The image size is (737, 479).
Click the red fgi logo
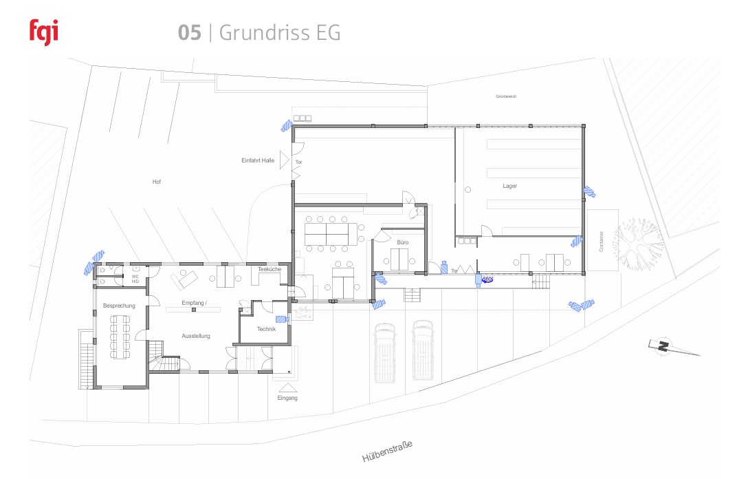pyautogui.click(x=44, y=32)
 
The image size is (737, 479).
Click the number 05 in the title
pyautogui.click(x=189, y=33)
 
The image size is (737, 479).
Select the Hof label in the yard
pyautogui.click(x=156, y=182)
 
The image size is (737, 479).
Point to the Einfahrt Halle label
pyautogui.click(x=258, y=160)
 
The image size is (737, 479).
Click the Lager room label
pyautogui.click(x=509, y=186)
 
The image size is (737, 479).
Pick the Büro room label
pyautogui.click(x=402, y=242)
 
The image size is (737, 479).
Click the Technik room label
pyautogui.click(x=266, y=329)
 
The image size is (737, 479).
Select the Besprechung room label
pyautogui.click(x=119, y=305)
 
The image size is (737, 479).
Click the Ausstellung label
pyautogui.click(x=196, y=336)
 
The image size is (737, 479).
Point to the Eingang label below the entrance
pyautogui.click(x=287, y=398)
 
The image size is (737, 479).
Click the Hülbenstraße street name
pyautogui.click(x=387, y=451)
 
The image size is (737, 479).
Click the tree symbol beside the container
pyautogui.click(x=639, y=241)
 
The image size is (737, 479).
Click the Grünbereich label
pyautogui.click(x=505, y=97)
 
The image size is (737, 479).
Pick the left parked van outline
pyautogui.click(x=384, y=351)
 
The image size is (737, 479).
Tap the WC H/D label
pyautogui.click(x=135, y=279)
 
